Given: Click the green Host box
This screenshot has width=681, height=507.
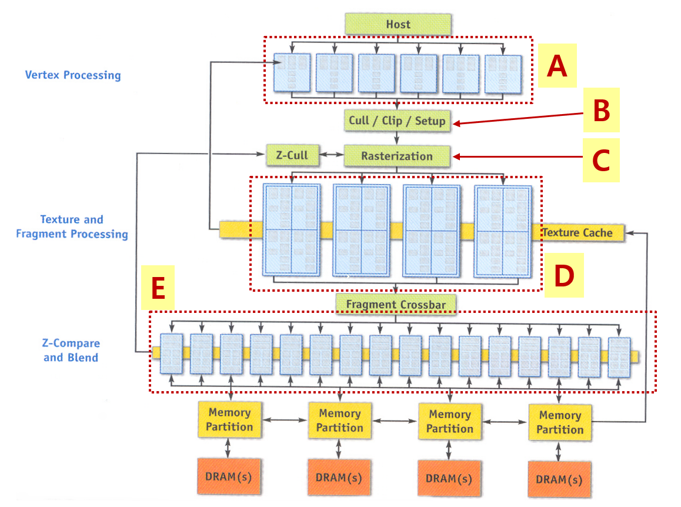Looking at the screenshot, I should [x=398, y=24].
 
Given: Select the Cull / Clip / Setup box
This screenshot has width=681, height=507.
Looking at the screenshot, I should [x=397, y=121].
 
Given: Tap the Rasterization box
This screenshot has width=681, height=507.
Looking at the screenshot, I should [x=397, y=156].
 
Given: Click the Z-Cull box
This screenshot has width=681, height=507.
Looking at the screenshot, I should [x=292, y=156].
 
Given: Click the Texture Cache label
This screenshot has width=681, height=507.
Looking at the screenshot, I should [x=577, y=232].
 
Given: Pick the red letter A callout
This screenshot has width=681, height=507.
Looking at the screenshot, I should [x=556, y=66].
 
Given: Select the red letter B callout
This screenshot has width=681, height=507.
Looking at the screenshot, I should [x=601, y=111].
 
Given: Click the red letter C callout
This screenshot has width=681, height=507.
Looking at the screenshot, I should [x=601, y=161].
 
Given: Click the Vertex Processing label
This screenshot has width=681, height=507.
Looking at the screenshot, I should [x=73, y=75].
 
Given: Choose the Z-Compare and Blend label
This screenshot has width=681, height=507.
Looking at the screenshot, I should [x=71, y=350].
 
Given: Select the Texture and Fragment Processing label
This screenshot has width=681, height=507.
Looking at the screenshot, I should [x=72, y=226].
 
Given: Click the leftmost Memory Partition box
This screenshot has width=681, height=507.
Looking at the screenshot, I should [x=229, y=420].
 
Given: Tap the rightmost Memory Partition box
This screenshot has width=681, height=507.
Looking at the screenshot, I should [x=559, y=422].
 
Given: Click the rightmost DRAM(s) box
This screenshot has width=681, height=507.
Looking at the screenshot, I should [x=559, y=479].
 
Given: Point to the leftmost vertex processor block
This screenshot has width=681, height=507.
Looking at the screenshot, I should [x=292, y=73].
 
